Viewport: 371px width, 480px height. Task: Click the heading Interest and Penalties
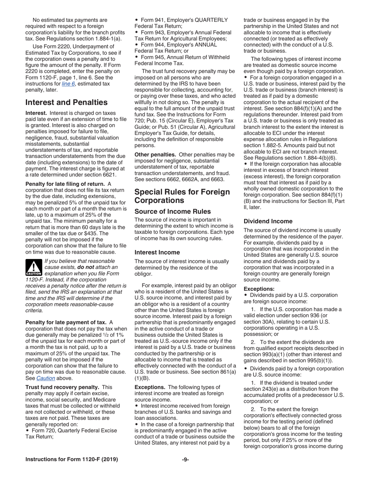(66, 102)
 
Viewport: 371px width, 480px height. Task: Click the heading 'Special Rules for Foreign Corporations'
(182, 196)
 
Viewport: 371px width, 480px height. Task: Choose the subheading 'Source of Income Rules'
(173, 212)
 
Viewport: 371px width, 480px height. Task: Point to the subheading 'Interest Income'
(157, 252)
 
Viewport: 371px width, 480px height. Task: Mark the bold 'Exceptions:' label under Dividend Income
(259, 289)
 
